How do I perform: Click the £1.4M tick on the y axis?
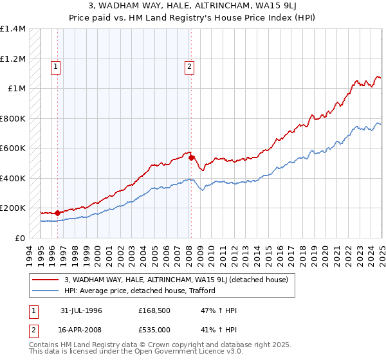(13, 29)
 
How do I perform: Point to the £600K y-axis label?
(13, 148)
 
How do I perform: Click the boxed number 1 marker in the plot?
(56, 65)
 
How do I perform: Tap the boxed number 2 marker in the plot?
(190, 65)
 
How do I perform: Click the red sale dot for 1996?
(57, 212)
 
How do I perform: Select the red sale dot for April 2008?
(191, 157)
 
